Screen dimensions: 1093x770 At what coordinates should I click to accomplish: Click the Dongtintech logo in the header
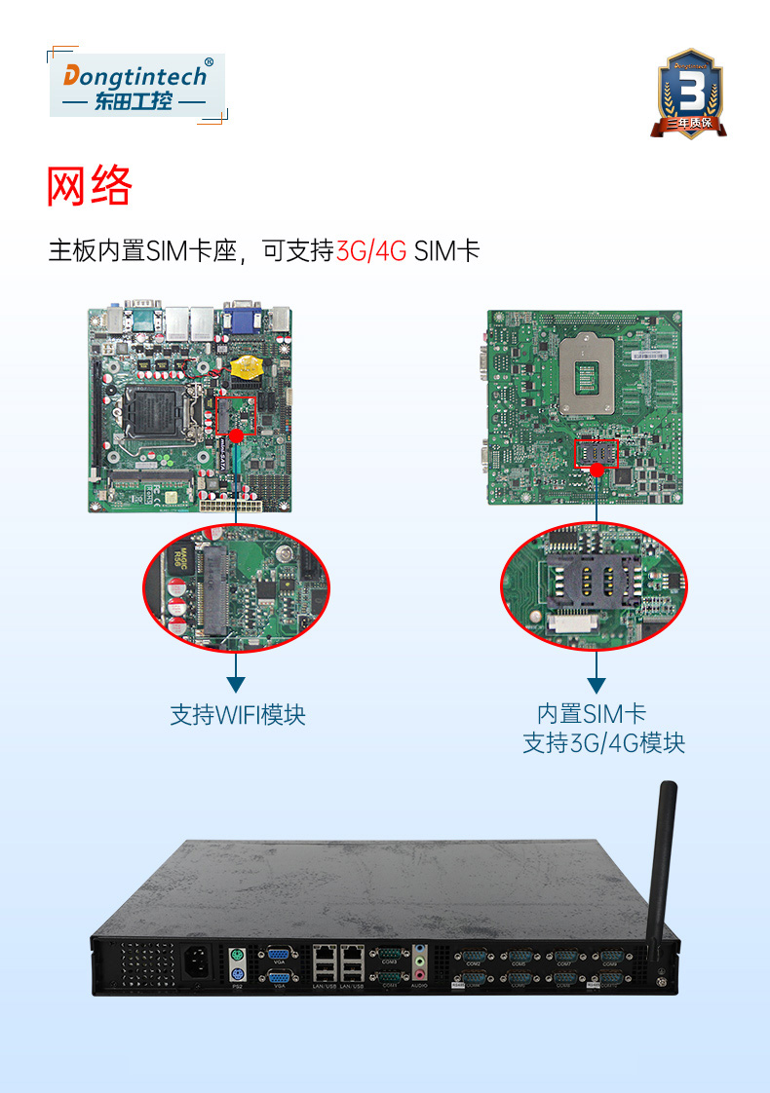coord(136,86)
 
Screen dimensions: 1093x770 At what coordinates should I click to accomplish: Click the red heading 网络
coord(89,186)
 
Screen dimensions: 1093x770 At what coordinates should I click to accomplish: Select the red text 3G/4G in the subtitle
coord(370,251)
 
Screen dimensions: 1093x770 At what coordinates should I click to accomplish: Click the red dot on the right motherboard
coord(596,470)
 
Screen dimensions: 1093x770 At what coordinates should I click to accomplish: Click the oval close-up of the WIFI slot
coord(236,589)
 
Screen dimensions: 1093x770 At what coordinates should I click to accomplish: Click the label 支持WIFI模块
coord(238,715)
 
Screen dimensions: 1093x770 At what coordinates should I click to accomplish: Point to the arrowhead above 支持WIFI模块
coord(236,685)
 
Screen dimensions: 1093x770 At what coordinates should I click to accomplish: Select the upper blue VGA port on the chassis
coord(277,955)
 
